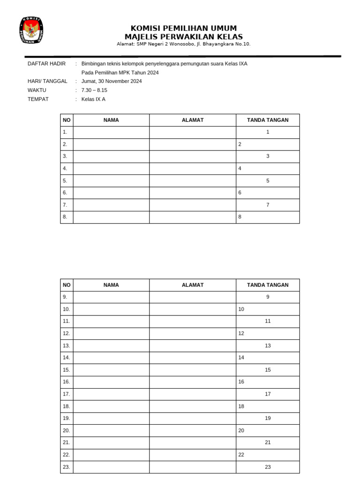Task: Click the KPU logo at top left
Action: [31, 30]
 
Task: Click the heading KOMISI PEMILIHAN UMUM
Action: [183, 28]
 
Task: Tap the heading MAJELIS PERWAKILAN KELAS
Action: [183, 37]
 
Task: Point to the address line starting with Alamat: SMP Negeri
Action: [183, 44]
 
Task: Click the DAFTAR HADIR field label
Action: [46, 63]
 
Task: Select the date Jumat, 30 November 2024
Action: [112, 81]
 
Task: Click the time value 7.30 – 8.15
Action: [94, 90]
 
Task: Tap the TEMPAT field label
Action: [38, 99]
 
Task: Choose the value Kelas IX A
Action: [93, 99]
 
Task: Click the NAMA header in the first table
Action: [111, 120]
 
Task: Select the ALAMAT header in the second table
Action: [193, 285]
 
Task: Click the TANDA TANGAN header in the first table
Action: [268, 120]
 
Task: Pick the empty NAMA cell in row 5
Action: [111, 180]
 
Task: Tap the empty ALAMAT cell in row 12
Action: [193, 333]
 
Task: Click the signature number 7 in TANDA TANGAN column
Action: [268, 205]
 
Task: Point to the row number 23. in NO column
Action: [66, 467]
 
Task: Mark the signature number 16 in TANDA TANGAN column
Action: [241, 382]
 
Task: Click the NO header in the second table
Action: [67, 285]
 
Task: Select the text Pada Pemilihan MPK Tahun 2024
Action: [120, 72]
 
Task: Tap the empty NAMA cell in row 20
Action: [111, 430]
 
